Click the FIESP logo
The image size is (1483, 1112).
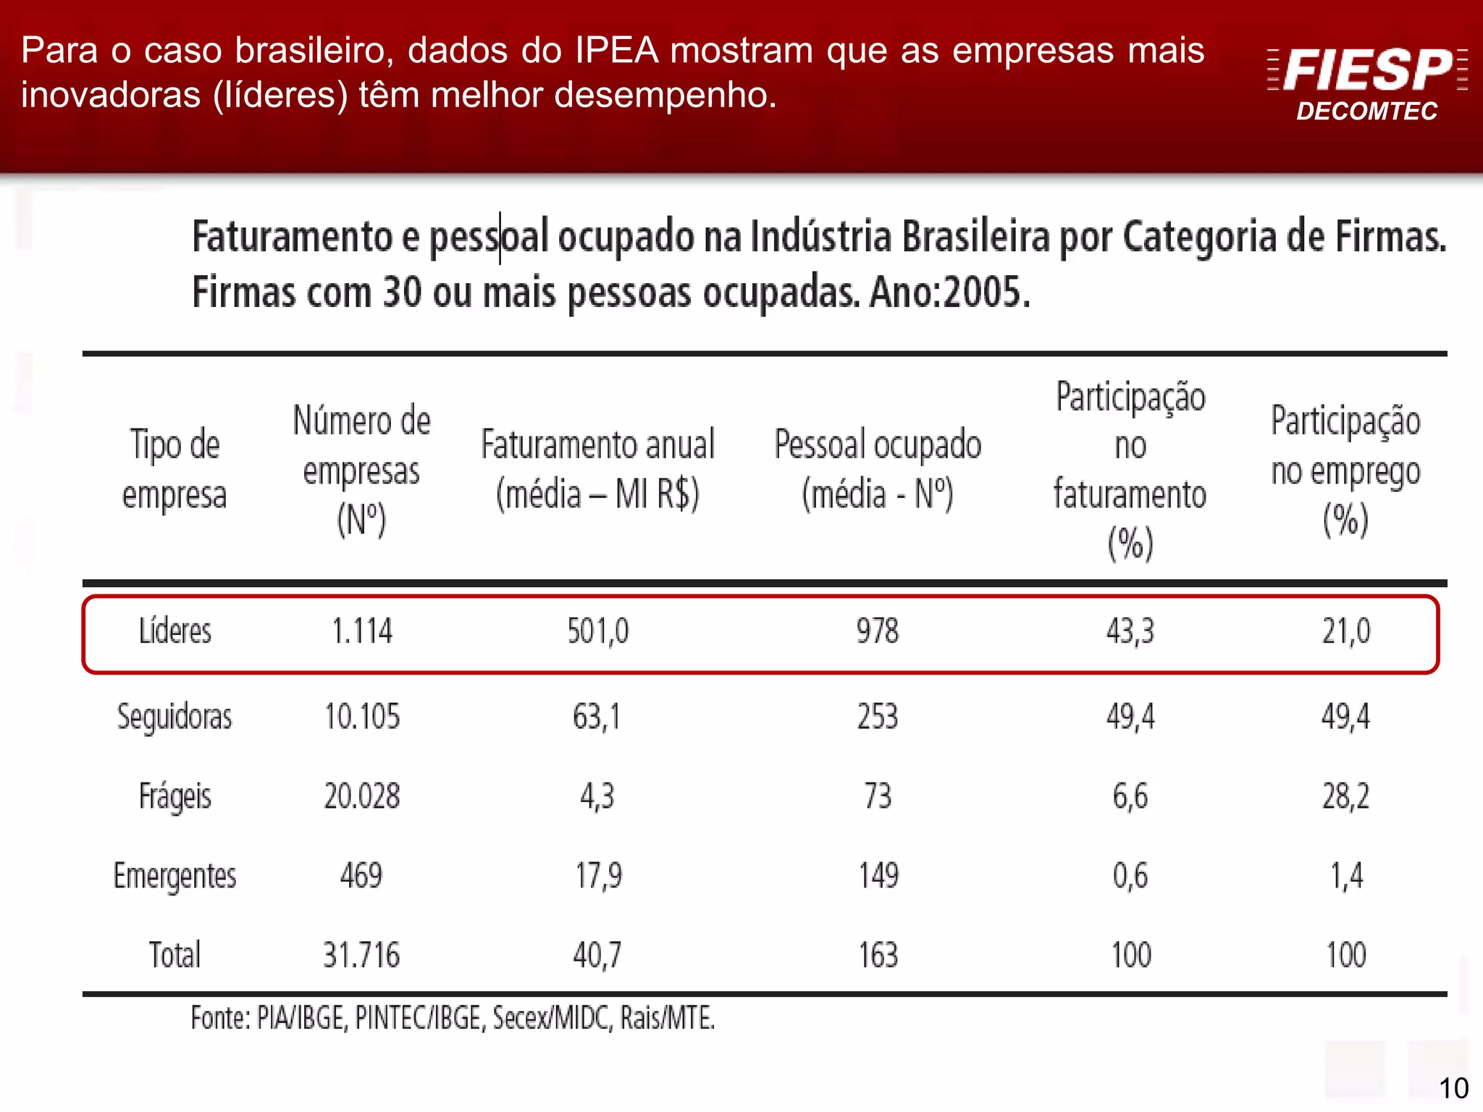[1367, 70]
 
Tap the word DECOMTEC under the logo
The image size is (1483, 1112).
[1366, 111]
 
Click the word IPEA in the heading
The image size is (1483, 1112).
[616, 51]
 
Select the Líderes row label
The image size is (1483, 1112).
[175, 631]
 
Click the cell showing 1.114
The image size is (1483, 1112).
[361, 631]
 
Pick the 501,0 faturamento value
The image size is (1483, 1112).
[597, 631]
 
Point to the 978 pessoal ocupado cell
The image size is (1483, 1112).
[877, 631]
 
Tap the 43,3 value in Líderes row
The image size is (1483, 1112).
[1130, 631]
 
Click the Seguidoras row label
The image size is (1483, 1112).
[175, 717]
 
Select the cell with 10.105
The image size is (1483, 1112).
[361, 717]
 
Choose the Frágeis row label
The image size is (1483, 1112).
[175, 796]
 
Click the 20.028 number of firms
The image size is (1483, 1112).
[361, 796]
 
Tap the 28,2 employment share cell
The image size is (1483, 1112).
[1345, 796]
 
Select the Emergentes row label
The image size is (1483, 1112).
[175, 876]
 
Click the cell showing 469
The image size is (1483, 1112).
[361, 876]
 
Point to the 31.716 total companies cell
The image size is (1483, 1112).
[361, 955]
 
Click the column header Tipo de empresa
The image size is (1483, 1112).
[175, 469]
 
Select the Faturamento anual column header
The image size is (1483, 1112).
[597, 469]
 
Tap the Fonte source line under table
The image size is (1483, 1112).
[453, 1018]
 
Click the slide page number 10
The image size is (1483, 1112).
[1453, 1088]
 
